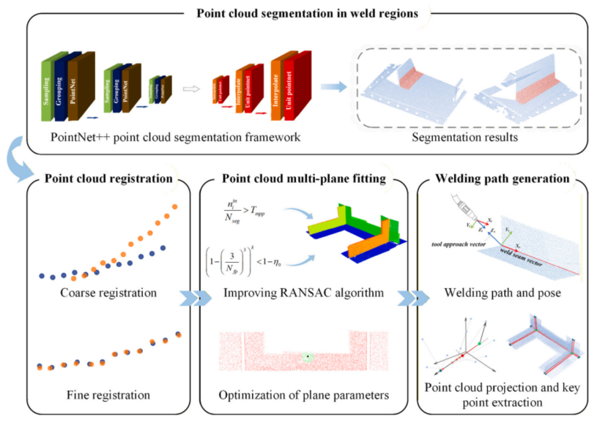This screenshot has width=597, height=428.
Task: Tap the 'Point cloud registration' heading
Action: [108, 178]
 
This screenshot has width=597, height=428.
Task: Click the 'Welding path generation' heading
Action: [503, 178]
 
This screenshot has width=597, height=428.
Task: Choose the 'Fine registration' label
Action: [108, 395]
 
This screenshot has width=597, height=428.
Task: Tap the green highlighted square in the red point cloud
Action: [308, 356]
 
